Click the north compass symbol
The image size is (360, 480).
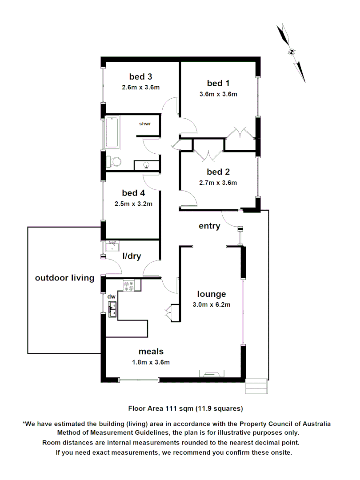pyautogui.click(x=292, y=52)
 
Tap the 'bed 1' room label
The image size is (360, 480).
pyautogui.click(x=218, y=83)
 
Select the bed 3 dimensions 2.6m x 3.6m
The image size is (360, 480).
pyautogui.click(x=140, y=88)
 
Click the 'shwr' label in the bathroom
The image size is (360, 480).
pyautogui.click(x=145, y=124)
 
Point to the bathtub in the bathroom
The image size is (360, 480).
pyautogui.click(x=112, y=132)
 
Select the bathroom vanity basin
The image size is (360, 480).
pyautogui.click(x=146, y=166)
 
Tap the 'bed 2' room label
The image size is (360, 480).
pyautogui.click(x=218, y=172)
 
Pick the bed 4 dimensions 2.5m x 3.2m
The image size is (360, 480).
pyautogui.click(x=134, y=204)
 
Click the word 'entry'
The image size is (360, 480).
pyautogui.click(x=209, y=226)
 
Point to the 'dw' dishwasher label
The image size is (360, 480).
pyautogui.click(x=111, y=296)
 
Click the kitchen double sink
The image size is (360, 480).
pyautogui.click(x=112, y=309)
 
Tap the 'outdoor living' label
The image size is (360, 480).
pyautogui.click(x=65, y=278)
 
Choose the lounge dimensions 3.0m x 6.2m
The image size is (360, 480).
pyautogui.click(x=212, y=304)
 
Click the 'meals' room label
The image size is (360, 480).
pyautogui.click(x=151, y=352)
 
